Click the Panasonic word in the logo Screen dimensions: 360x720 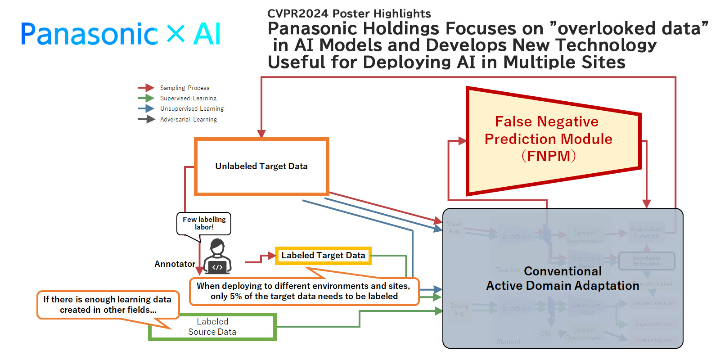(x=89, y=34)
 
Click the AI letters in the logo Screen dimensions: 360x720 (x=207, y=34)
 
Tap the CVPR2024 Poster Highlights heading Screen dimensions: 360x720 (x=349, y=13)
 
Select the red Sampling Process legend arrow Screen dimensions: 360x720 (x=146, y=88)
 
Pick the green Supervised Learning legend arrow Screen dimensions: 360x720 (x=146, y=98)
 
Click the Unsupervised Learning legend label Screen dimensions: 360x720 (x=192, y=109)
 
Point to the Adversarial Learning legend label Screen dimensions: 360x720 (x=189, y=119)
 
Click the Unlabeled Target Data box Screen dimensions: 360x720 (x=261, y=166)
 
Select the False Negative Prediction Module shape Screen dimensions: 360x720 (x=549, y=139)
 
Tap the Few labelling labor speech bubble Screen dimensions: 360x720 (x=204, y=223)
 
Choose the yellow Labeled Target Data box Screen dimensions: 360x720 (x=323, y=256)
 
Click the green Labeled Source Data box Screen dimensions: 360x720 (x=212, y=327)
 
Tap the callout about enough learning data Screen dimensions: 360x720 (x=108, y=305)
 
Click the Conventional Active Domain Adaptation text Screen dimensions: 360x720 (x=562, y=279)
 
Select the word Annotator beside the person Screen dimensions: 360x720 (x=175, y=264)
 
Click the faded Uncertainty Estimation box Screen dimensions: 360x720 (x=647, y=261)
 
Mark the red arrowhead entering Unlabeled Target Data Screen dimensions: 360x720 (x=261, y=134)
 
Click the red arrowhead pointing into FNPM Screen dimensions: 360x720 (x=462, y=141)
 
